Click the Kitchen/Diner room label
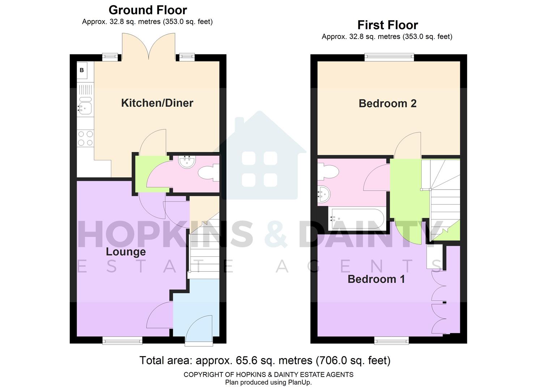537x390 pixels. [x=157, y=103]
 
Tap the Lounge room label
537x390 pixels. [x=125, y=251]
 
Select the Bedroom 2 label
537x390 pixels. [x=387, y=104]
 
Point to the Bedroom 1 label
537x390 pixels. [x=376, y=279]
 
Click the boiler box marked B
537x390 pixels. [x=82, y=70]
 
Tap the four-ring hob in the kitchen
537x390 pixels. [x=85, y=138]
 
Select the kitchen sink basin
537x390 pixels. [x=86, y=108]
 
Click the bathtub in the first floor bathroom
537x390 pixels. [x=356, y=218]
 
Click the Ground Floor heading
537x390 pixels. [x=148, y=10]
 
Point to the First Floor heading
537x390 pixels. [x=387, y=25]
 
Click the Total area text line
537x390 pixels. [x=265, y=360]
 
